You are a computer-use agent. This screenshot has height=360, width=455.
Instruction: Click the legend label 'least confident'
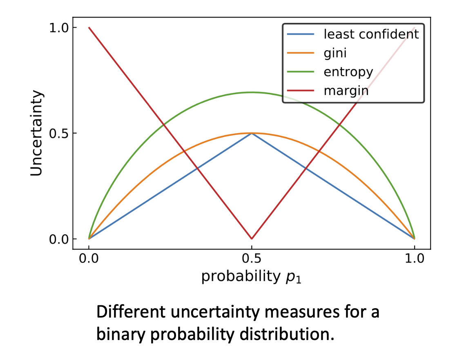click(x=371, y=34)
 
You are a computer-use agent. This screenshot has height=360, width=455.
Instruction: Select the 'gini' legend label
click(x=335, y=53)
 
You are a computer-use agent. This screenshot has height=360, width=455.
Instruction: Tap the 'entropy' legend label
click(x=348, y=72)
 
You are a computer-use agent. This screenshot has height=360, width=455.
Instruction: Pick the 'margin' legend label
click(x=346, y=91)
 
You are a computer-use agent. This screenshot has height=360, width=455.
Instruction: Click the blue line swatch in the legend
click(x=301, y=34)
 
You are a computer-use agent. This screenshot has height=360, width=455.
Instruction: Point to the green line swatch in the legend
click(x=301, y=72)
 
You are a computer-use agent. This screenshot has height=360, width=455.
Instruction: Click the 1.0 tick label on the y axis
click(x=59, y=28)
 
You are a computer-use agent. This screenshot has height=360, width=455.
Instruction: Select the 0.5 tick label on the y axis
click(x=59, y=133)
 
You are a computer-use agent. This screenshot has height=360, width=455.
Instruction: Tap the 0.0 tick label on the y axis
click(x=59, y=239)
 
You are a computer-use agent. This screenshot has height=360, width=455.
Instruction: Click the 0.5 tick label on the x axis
click(x=252, y=258)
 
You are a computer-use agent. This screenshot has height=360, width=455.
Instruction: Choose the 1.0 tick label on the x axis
click(x=415, y=258)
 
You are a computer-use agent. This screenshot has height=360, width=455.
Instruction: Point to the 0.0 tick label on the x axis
click(x=89, y=258)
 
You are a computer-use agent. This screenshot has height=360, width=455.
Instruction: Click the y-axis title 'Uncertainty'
click(x=37, y=133)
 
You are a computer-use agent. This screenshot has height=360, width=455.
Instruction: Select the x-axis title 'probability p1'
click(x=251, y=276)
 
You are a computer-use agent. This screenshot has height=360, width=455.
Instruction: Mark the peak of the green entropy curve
click(x=252, y=92)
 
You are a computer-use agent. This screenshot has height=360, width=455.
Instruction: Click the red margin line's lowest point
click(x=252, y=239)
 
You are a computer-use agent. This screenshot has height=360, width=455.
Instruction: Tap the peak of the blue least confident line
click(x=252, y=133)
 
